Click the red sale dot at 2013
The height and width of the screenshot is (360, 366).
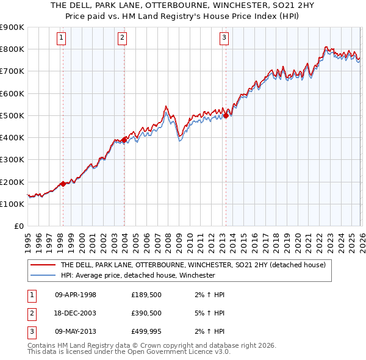point(226,115)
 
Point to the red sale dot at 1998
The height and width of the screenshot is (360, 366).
point(63,184)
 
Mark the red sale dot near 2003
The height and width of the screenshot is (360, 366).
point(124,139)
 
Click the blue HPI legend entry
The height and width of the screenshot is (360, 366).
point(137,275)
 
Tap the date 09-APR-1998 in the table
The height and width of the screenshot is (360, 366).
point(76,295)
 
